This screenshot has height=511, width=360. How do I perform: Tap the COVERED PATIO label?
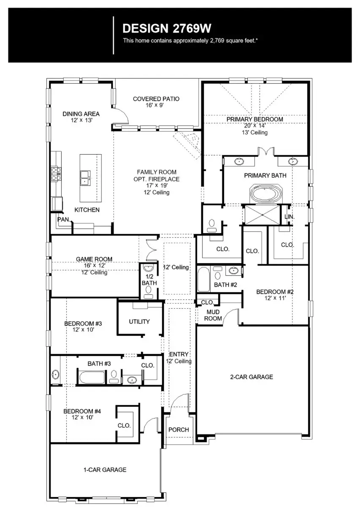[156, 99]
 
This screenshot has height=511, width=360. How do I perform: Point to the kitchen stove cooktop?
[56, 173]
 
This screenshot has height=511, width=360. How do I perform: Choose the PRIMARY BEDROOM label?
[254, 120]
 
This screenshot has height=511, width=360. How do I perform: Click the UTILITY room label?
[139, 322]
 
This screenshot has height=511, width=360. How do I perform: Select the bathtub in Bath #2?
[204, 279]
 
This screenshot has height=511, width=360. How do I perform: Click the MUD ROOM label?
[213, 315]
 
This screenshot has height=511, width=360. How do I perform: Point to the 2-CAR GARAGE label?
[252, 377]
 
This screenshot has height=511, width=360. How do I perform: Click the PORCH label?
[179, 430]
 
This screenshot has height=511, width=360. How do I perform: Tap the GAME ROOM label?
[94, 259]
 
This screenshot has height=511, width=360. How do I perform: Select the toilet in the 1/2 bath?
[148, 291]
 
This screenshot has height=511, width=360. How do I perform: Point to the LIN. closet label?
[289, 217]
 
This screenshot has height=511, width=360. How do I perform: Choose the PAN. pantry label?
[63, 220]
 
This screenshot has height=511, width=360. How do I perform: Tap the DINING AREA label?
[81, 114]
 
